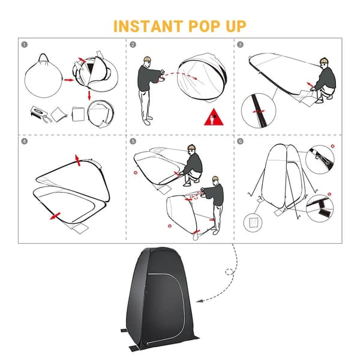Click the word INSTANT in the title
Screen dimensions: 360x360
point(148,26)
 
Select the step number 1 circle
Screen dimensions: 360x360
point(25,44)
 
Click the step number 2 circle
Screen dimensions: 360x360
point(133,44)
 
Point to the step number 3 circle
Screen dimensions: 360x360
point(240,44)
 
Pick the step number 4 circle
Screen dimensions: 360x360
point(25,141)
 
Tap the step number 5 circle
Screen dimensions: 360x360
point(133,141)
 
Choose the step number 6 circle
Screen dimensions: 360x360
point(240,141)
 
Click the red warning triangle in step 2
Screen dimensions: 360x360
point(214,118)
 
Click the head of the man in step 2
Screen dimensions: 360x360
point(147,62)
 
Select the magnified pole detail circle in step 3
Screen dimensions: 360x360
point(258,110)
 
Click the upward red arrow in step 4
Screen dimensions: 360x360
point(78,160)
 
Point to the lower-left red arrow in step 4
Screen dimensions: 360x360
point(55,216)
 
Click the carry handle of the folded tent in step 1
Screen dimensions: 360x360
point(44,59)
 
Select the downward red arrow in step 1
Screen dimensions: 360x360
point(89,95)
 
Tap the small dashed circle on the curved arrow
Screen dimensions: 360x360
point(229,272)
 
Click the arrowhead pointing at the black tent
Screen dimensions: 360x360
point(200,301)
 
